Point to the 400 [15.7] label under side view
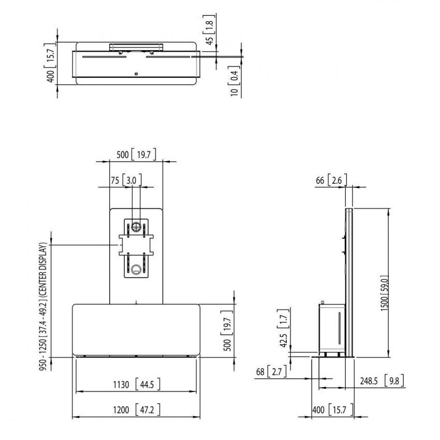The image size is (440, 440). click(x=333, y=410)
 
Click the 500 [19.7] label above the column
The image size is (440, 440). click(x=136, y=154)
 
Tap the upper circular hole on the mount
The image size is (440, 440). click(x=136, y=226)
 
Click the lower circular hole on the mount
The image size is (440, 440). click(x=136, y=269)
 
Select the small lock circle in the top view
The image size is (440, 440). click(x=136, y=74)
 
